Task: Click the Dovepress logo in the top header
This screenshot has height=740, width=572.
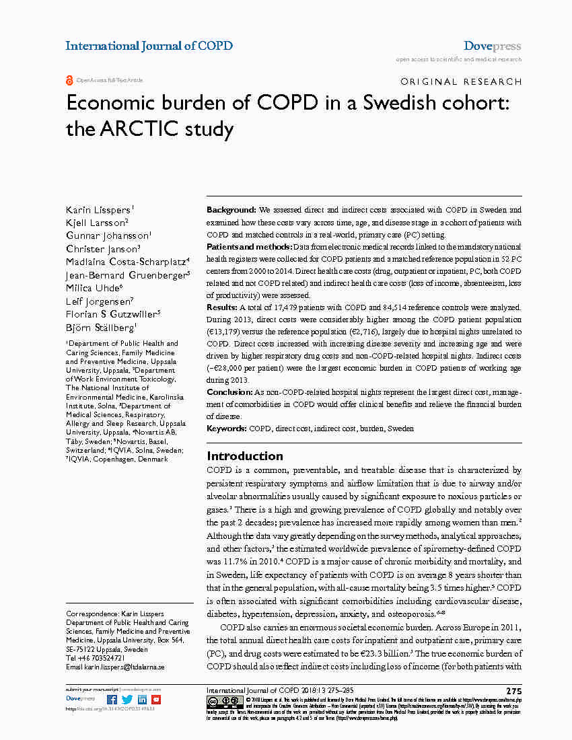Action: [x=492, y=46]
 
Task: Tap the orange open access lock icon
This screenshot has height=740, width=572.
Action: [x=69, y=80]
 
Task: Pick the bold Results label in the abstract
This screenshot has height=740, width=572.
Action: [x=221, y=307]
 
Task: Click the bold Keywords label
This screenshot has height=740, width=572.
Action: [x=227, y=429]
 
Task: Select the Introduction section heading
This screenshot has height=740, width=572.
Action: [x=245, y=455]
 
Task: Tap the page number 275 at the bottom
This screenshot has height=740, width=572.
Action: [x=513, y=691]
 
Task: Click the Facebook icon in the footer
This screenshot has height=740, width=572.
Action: [x=112, y=700]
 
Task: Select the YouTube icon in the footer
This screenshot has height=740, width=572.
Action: [x=156, y=700]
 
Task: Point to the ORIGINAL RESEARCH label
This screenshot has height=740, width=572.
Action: [x=461, y=82]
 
